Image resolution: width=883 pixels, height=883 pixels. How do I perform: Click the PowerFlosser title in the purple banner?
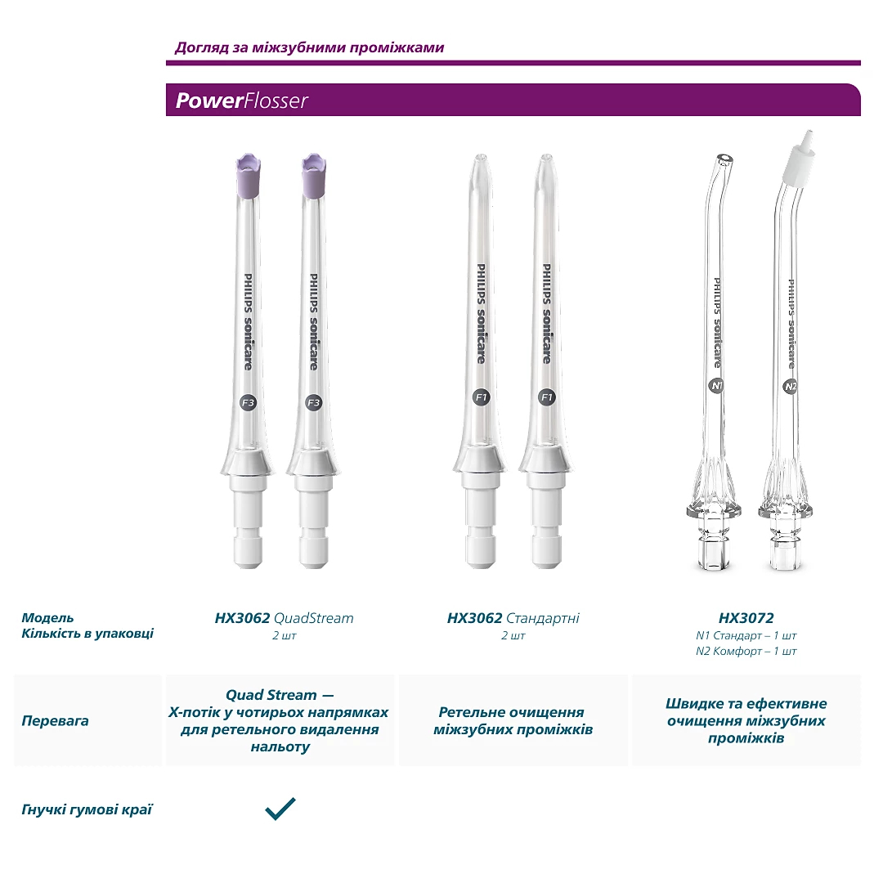[x=241, y=101]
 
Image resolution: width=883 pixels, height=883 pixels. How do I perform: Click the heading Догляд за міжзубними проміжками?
[x=309, y=47]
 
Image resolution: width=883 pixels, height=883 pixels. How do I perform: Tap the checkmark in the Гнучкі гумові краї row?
[x=280, y=809]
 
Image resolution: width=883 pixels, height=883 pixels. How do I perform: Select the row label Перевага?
[x=55, y=721]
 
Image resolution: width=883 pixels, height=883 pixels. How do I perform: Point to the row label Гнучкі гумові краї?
[x=87, y=809]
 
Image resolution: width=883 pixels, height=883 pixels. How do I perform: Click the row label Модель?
[x=47, y=617]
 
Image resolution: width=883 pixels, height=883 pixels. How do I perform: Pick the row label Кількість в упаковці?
[x=87, y=634]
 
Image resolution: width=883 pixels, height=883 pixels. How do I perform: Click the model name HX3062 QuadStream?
[x=284, y=618]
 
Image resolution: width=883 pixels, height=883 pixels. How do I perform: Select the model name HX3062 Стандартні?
[x=513, y=618]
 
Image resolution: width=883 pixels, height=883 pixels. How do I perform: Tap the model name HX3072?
[x=746, y=618]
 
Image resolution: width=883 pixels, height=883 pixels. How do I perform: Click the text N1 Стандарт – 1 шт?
[x=746, y=635]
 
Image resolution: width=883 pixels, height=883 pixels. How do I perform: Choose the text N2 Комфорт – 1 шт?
[x=746, y=652]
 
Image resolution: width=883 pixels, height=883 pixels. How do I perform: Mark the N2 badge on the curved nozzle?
[x=790, y=387]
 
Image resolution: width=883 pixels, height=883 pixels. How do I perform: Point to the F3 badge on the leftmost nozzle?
[x=247, y=402]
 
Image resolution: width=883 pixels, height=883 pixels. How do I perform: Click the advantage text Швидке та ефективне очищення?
[x=746, y=720]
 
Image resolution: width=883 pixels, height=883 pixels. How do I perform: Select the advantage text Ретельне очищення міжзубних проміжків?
[x=513, y=720]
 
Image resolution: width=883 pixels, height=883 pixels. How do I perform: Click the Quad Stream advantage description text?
[x=279, y=720]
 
